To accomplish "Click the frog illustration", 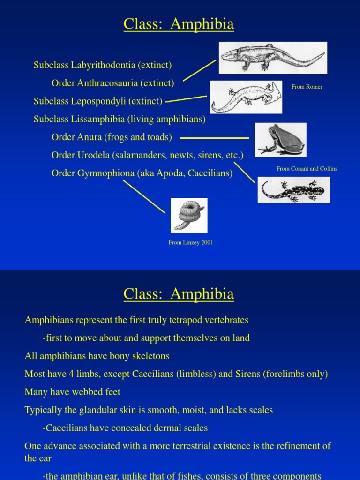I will [x=280, y=140].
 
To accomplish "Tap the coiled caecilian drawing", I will [x=189, y=215].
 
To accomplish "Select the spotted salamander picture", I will [x=293, y=190].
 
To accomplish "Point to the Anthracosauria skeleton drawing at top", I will [x=273, y=58].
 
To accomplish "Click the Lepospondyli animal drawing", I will [x=246, y=97].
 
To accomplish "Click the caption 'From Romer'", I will [x=307, y=87].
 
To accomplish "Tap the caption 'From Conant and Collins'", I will [x=307, y=169].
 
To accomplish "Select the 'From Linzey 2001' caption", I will [x=191, y=243].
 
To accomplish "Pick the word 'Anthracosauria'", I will [x=107, y=83].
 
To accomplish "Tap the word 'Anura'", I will [x=89, y=137].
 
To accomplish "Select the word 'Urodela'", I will [x=93, y=155].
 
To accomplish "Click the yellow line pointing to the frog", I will [x=214, y=138].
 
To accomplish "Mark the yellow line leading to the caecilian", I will [x=144, y=196].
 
